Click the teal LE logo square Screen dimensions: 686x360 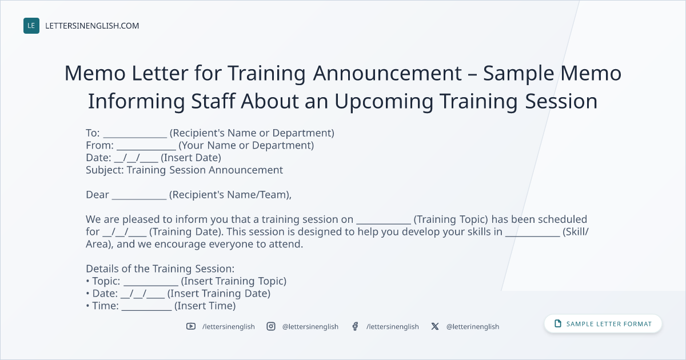31,26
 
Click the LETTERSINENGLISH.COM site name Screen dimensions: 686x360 92,26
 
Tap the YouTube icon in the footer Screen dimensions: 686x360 191,326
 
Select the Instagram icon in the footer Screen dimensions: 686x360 271,326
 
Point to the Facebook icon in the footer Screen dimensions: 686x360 355,326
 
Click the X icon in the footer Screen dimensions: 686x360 435,326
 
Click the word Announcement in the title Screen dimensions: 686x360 388,73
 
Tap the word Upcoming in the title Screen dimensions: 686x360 384,102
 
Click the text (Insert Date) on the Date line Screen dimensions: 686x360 191,158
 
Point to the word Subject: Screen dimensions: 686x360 105,170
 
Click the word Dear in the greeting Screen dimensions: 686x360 97,195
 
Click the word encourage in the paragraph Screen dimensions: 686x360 181,244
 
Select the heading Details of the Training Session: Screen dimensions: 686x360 160,269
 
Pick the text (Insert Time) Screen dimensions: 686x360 205,306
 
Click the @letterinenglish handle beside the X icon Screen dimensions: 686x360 473,327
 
